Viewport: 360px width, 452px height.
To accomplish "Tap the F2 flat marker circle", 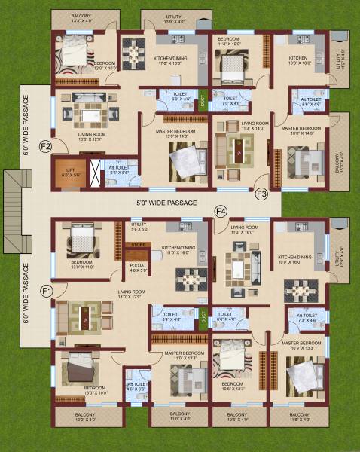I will [45, 146].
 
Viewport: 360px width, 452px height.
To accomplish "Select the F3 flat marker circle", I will [262, 194].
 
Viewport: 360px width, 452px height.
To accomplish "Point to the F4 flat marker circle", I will [221, 212].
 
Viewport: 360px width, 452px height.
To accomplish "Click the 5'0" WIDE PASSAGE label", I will [166, 203].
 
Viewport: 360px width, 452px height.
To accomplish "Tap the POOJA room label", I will [136, 265].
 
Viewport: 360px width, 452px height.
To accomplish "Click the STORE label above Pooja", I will [137, 244].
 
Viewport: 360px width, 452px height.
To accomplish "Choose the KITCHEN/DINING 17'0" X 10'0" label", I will [170, 61].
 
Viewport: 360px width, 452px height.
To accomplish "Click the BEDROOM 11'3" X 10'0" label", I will [230, 41].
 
